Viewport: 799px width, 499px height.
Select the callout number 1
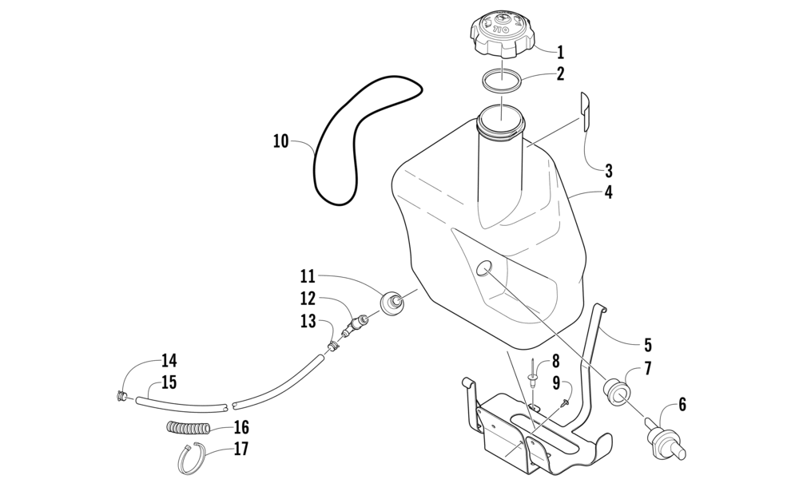561,53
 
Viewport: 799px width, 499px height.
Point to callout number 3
609,170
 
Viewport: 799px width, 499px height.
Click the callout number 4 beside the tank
609,192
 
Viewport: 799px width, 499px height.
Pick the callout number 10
280,142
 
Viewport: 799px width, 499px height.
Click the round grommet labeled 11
393,303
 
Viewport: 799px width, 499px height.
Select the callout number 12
308,299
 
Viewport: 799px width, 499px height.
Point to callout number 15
169,382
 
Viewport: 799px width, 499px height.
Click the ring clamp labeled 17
193,460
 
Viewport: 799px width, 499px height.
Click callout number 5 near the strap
648,346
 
